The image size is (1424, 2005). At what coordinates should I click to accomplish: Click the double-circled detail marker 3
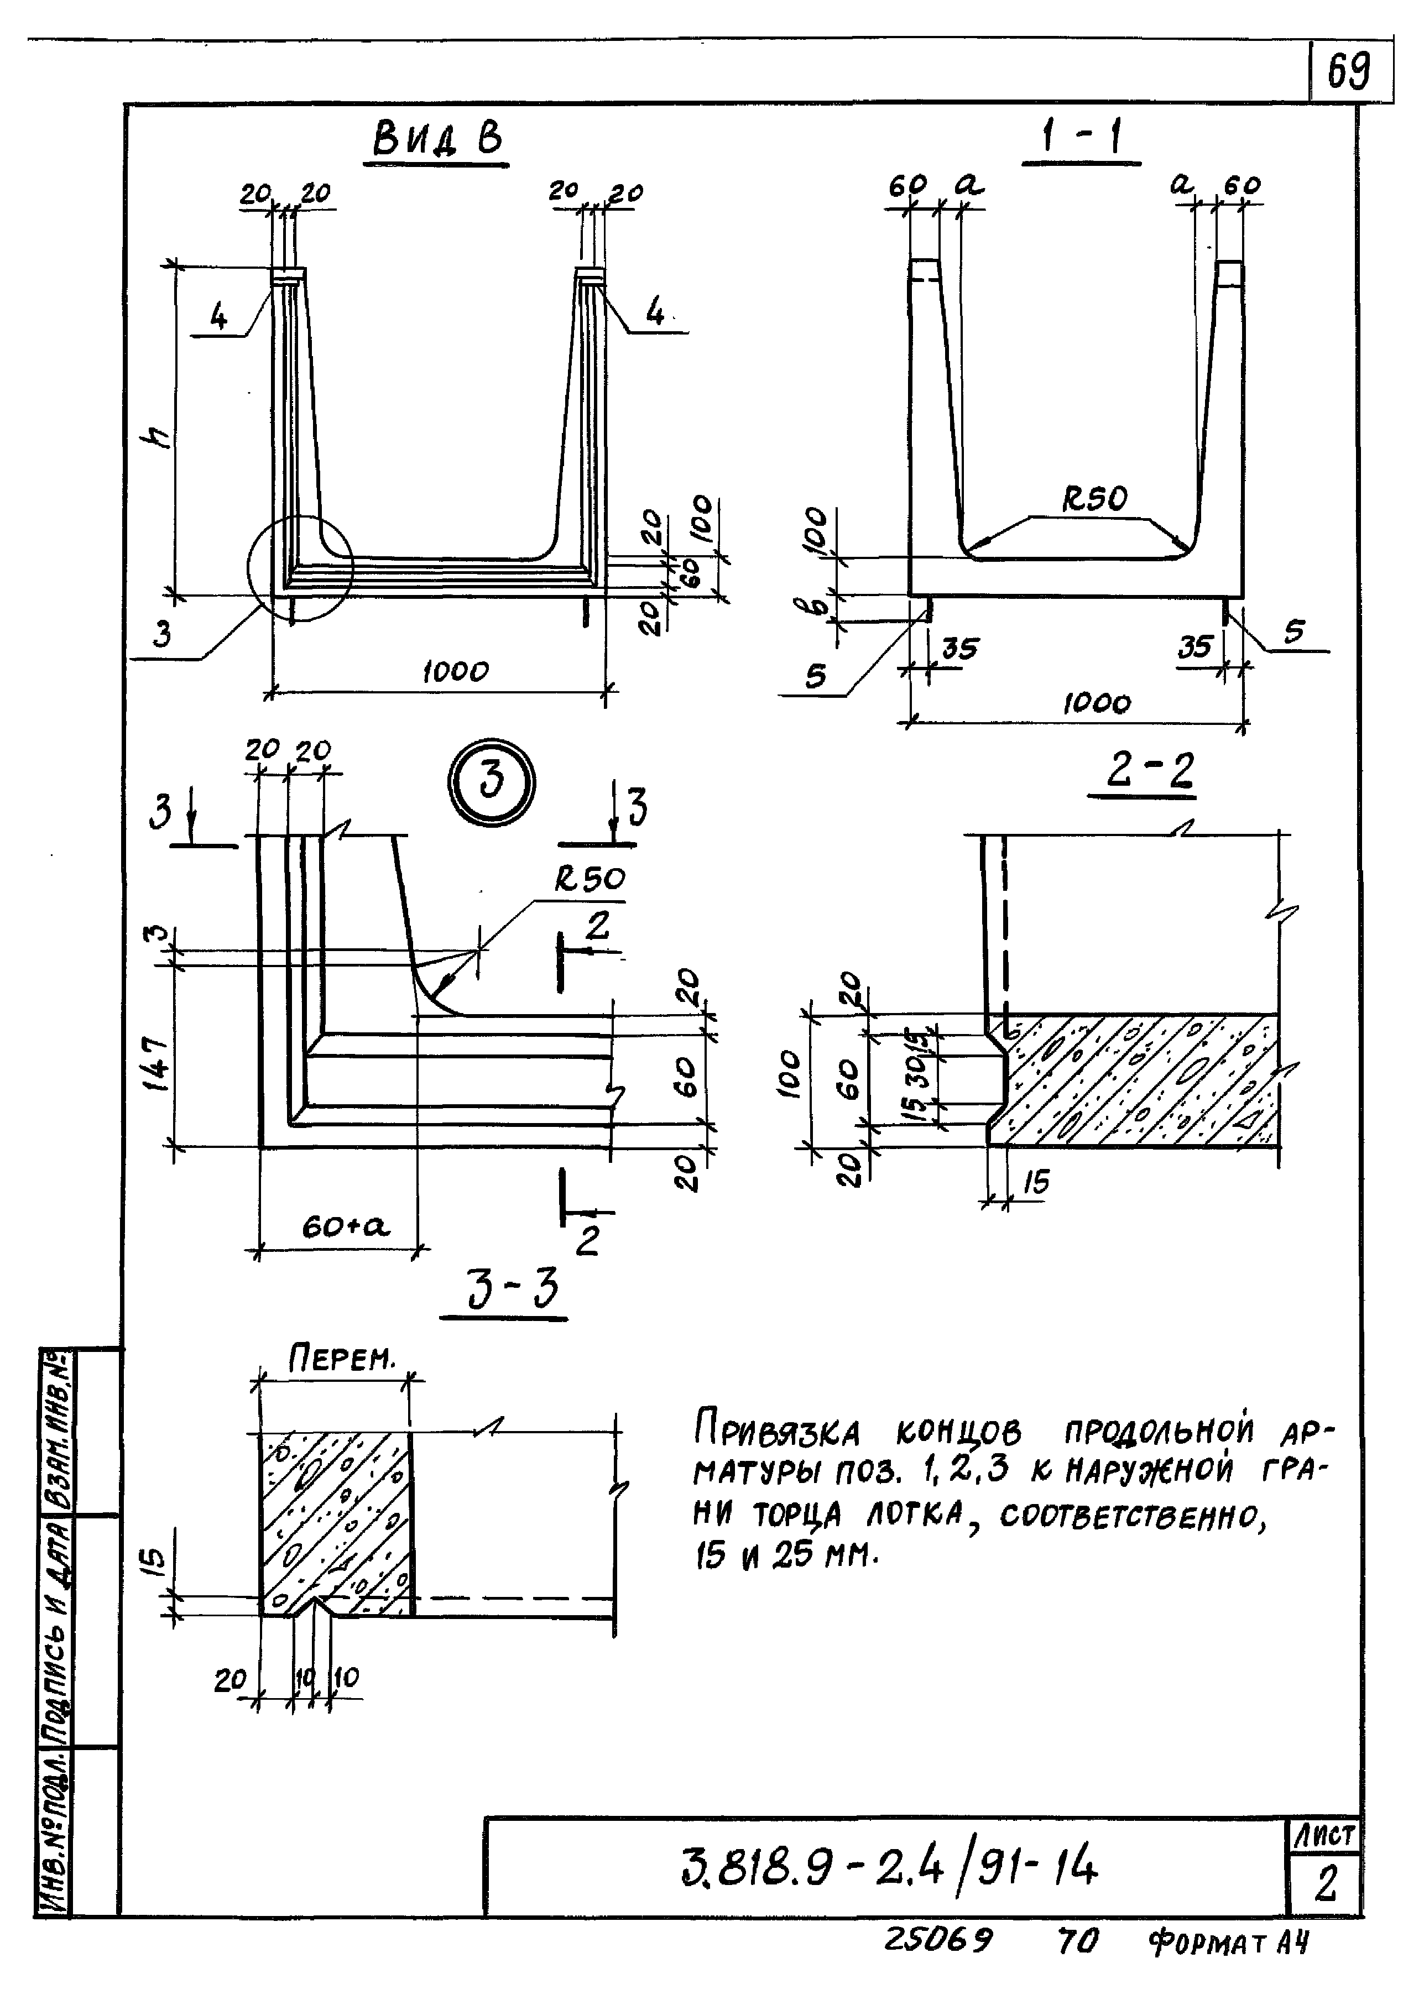[x=491, y=782]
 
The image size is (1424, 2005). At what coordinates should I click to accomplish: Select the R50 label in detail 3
[x=590, y=879]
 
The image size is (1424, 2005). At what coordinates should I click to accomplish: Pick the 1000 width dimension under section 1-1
[x=1096, y=703]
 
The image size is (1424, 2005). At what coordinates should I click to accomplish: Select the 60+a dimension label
[x=346, y=1226]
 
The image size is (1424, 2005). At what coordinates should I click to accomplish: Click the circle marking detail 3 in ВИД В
[x=299, y=568]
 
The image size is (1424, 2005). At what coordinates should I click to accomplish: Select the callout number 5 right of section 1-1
[x=1294, y=631]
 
